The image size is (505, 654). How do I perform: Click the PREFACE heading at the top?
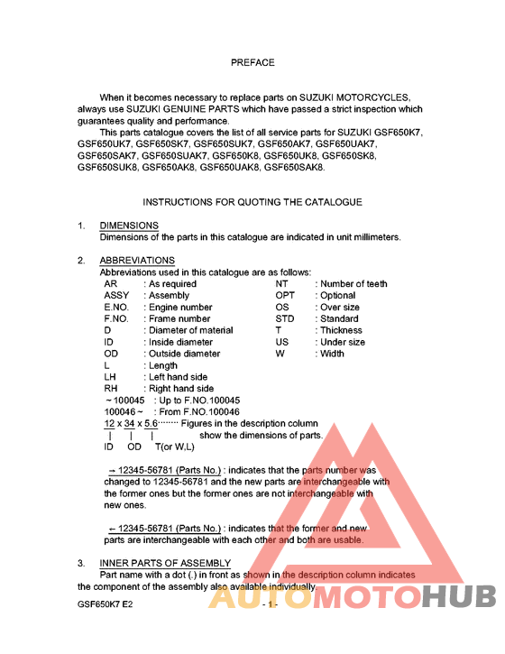[252, 63]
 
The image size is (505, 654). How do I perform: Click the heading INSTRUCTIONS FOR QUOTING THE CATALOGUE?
[252, 202]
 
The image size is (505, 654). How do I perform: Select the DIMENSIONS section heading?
[129, 226]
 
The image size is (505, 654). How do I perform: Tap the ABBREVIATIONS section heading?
[137, 261]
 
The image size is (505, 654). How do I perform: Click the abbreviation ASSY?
[116, 296]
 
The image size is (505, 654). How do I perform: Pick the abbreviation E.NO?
[117, 308]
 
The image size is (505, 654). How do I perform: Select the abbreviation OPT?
[285, 296]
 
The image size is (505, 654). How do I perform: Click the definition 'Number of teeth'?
[353, 284]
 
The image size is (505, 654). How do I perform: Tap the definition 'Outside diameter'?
[184, 355]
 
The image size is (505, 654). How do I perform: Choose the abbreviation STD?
[285, 319]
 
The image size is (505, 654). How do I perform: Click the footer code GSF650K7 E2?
[106, 603]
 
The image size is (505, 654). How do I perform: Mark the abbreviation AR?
[111, 284]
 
